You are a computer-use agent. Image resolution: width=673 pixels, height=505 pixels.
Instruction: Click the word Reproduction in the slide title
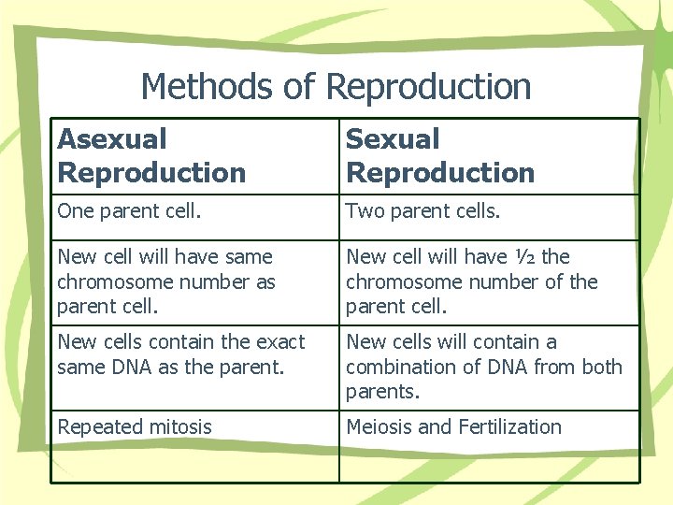click(429, 87)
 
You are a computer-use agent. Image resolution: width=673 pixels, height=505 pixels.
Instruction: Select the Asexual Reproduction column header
click(151, 156)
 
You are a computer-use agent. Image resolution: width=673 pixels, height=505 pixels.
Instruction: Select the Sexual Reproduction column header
click(440, 156)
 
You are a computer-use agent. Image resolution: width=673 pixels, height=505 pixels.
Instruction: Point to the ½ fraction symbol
click(525, 256)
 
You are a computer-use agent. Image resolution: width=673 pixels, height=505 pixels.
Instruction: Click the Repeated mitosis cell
click(135, 427)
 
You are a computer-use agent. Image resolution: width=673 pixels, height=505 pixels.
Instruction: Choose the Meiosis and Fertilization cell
click(453, 427)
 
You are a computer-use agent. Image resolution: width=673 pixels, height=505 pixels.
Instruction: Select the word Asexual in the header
click(112, 139)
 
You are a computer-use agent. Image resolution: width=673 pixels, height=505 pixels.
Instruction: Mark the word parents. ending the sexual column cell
click(382, 391)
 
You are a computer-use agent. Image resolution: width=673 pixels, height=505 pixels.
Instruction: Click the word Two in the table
click(364, 212)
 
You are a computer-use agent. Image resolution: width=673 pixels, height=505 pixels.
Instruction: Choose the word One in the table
click(76, 212)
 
